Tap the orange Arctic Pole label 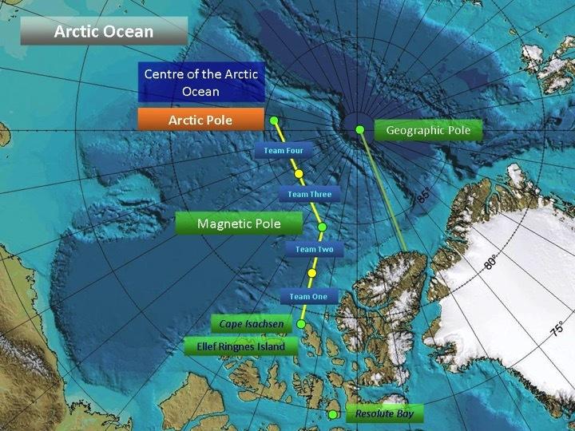200,120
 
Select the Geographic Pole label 428,130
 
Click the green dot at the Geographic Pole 359,129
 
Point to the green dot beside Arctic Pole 274,121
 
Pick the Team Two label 314,249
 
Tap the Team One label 308,296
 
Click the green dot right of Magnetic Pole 323,226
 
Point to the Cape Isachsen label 250,324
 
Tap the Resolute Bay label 384,414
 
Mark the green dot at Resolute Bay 333,414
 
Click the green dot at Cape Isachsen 301,324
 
